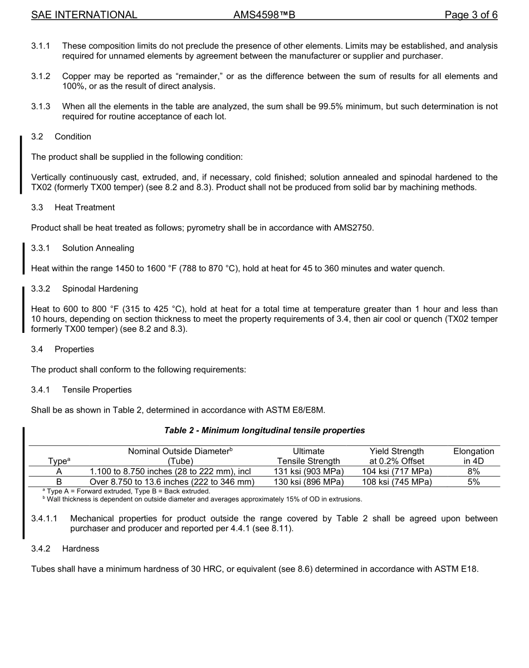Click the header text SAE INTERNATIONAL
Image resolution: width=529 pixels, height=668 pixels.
[x=84, y=15]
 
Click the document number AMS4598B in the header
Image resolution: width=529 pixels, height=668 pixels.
[x=264, y=15]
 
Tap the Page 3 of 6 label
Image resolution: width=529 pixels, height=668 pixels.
[x=471, y=15]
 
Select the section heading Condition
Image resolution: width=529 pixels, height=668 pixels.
[x=73, y=137]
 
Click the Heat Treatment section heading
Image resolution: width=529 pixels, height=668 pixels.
[x=85, y=208]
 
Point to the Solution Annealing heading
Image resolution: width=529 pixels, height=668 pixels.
[x=98, y=248]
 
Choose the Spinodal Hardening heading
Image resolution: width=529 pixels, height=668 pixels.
[x=100, y=289]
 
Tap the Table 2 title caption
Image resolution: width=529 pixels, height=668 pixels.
[x=264, y=430]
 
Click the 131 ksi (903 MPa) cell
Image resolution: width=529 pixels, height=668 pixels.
[x=308, y=471]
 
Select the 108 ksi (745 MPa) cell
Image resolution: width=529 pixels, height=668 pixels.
[x=396, y=482]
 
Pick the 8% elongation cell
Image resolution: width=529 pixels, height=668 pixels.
[x=473, y=471]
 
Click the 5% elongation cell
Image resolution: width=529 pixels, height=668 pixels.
[x=473, y=482]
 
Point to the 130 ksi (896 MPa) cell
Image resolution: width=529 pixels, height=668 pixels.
[x=308, y=482]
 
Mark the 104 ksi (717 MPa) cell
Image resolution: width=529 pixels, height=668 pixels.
[x=396, y=471]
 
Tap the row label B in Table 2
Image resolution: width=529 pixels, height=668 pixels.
[x=59, y=482]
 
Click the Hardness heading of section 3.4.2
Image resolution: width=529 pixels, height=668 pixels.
[x=81, y=549]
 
